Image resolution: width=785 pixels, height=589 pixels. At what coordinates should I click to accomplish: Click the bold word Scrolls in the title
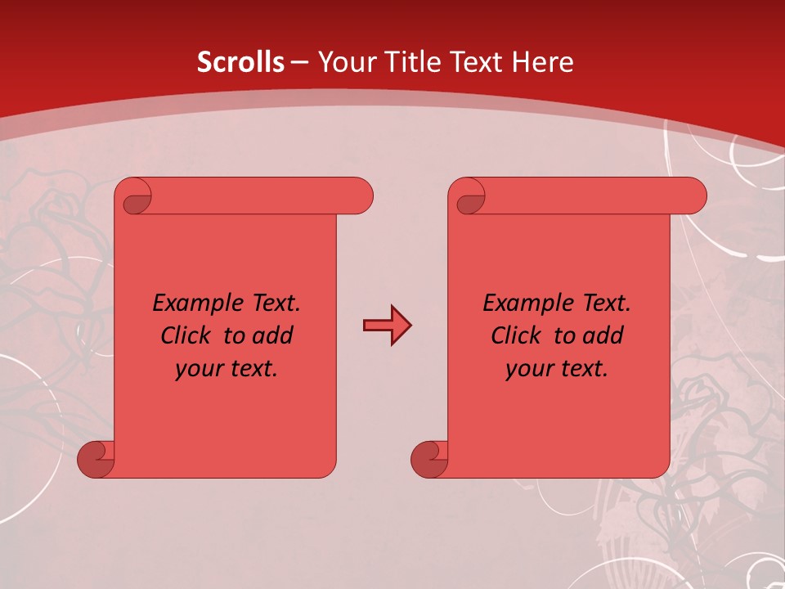coord(241,62)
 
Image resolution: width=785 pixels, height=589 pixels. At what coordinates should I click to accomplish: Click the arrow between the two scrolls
coord(387,326)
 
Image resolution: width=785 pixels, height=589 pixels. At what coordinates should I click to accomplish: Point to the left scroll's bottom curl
coord(96,459)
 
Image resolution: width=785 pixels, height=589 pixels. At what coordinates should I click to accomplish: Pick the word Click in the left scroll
coord(187,335)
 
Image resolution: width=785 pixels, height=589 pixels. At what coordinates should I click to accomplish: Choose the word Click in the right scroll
coord(517,335)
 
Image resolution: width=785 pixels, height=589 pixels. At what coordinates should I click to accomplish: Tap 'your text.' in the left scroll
coord(227,368)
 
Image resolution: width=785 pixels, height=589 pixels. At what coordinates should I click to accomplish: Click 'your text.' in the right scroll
coord(557,368)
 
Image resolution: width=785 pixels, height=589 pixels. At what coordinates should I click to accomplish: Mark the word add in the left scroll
coord(272,335)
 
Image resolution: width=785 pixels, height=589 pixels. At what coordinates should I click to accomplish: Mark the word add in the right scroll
coord(603,335)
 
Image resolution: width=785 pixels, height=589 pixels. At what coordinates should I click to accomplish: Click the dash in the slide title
coord(300,62)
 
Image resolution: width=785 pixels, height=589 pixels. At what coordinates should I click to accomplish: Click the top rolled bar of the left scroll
coord(262,196)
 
